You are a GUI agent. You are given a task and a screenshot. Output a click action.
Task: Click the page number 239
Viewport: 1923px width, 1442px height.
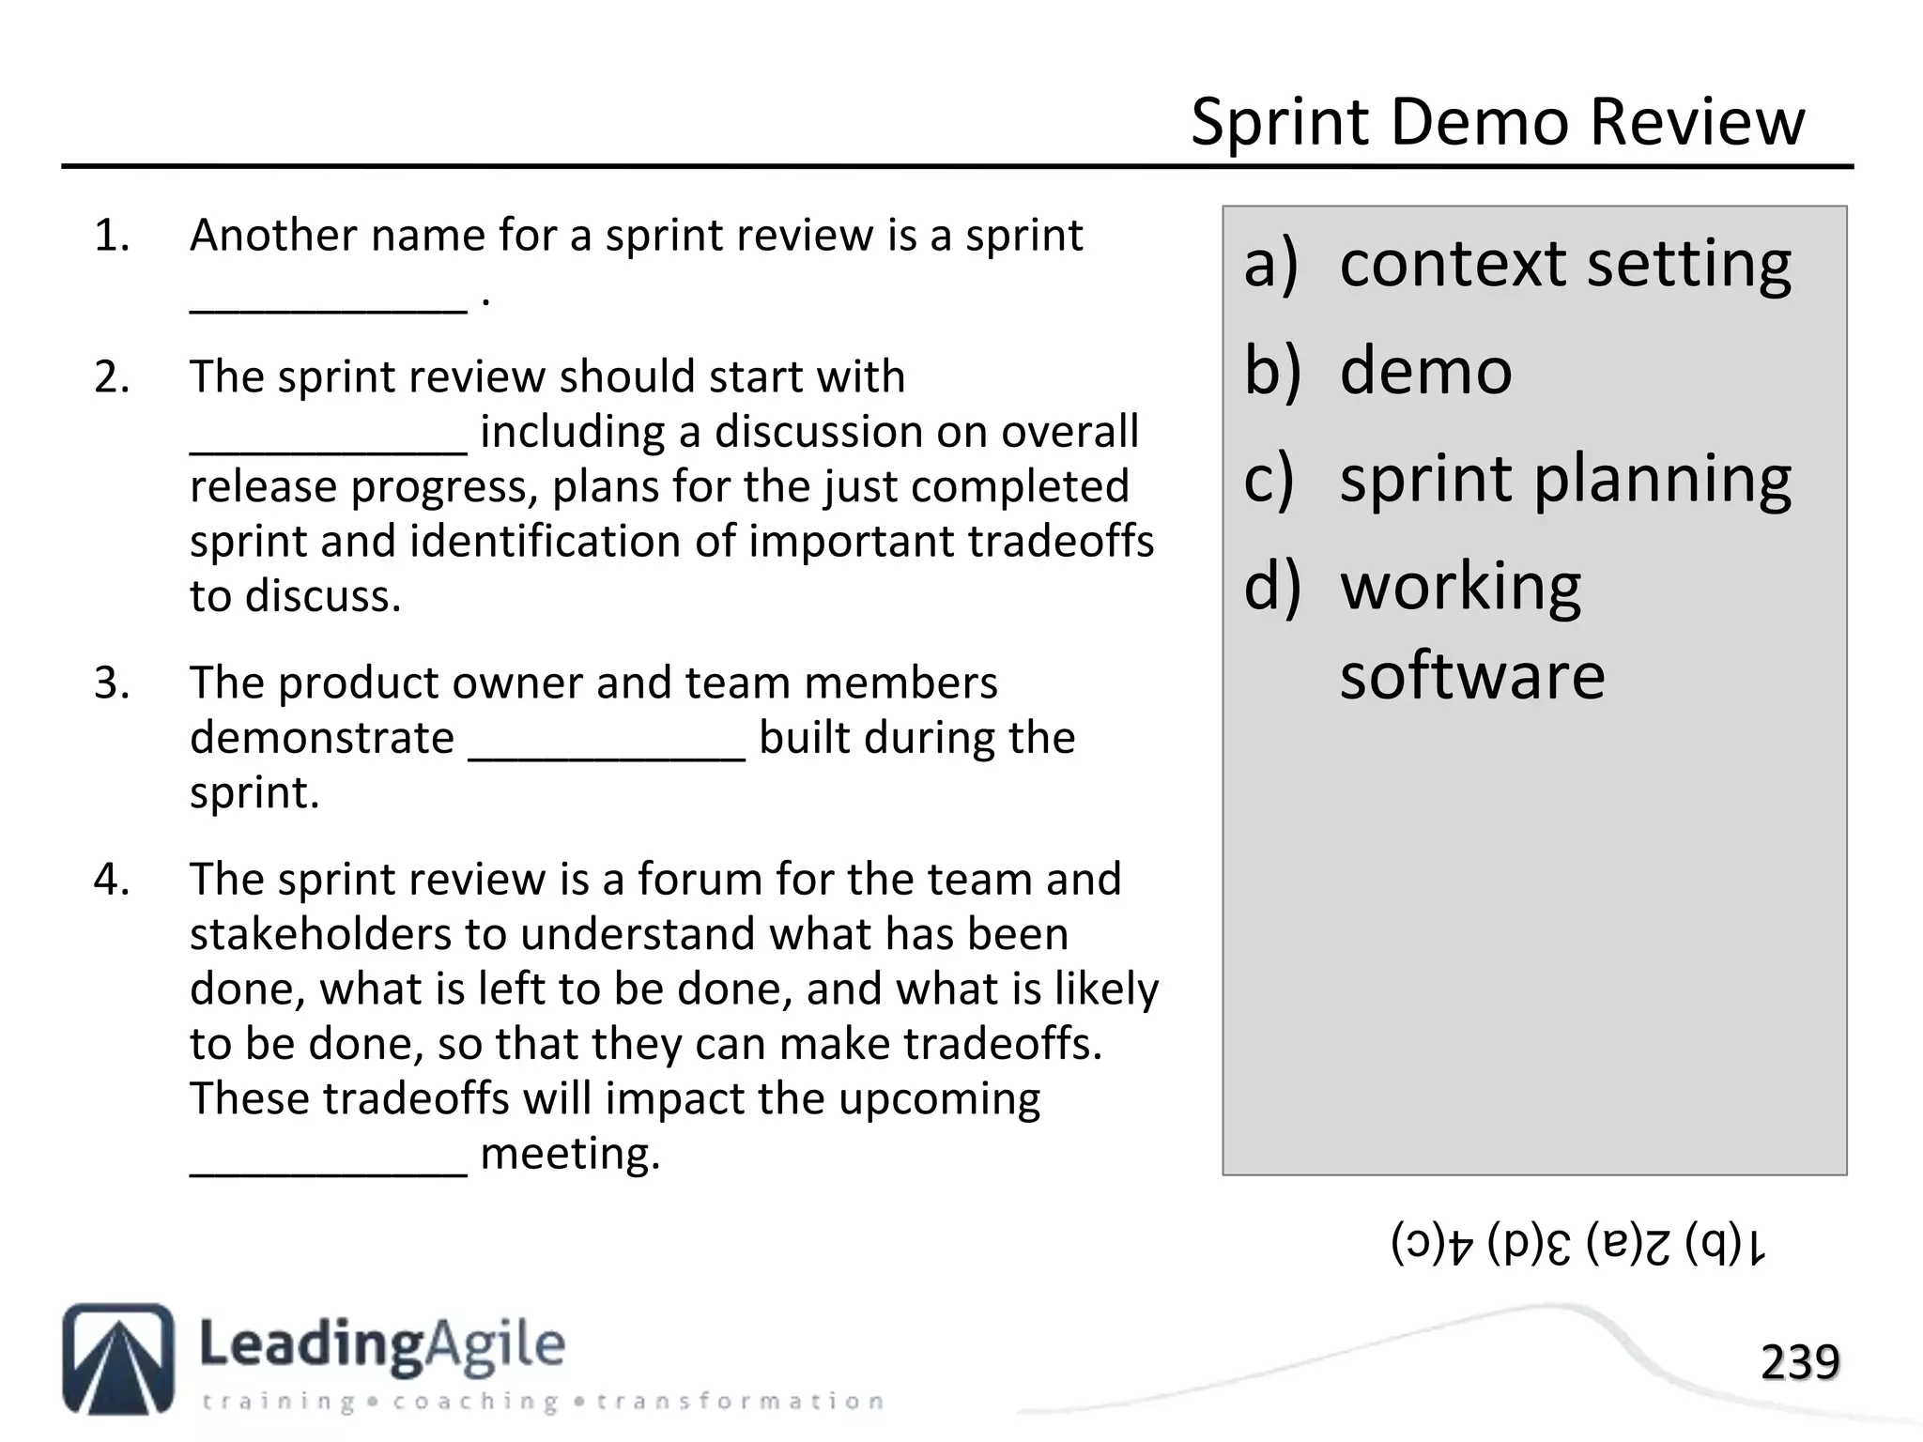point(1799,1362)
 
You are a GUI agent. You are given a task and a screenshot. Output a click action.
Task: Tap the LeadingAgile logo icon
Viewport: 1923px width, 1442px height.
point(118,1358)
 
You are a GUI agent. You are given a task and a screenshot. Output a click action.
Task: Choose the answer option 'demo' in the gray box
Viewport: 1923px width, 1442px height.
point(1425,371)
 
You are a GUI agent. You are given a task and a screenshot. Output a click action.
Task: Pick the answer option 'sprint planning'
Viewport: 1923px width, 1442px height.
point(1564,479)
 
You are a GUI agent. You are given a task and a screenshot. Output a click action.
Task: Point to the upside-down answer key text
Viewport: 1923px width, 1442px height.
point(1578,1245)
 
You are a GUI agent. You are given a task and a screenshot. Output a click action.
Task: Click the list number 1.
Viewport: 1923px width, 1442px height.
point(111,235)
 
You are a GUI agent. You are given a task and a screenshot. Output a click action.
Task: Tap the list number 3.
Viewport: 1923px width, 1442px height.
point(111,683)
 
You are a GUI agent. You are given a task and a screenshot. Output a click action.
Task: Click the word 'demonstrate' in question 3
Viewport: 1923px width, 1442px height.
point(322,738)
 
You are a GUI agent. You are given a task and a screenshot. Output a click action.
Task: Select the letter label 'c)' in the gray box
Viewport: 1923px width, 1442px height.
point(1269,479)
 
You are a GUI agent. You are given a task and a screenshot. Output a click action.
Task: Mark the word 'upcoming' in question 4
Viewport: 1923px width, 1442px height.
point(939,1099)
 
